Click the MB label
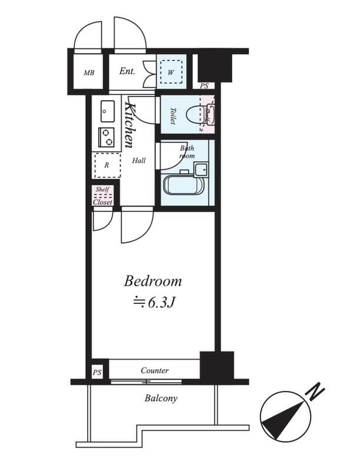[89, 73]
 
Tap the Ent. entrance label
[127, 71]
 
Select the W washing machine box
[171, 73]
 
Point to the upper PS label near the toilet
[204, 87]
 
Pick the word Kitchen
[131, 124]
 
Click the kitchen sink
[107, 111]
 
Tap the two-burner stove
[106, 137]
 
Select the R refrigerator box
[106, 165]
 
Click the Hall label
[139, 160]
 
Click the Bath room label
[187, 152]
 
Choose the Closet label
[102, 202]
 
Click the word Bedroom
[152, 281]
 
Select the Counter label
[155, 370]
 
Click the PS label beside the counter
[97, 373]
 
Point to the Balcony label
[161, 399]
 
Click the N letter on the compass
[316, 390]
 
